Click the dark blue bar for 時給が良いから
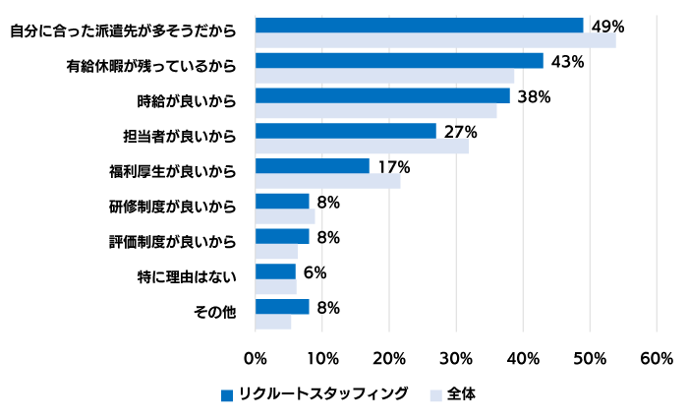(382, 95)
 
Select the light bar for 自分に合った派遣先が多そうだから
(435, 40)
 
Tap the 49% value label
(608, 26)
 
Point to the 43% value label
(568, 61)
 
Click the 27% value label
(461, 131)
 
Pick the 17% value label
(394, 166)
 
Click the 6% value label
(315, 272)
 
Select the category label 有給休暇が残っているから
(151, 66)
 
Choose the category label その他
(215, 313)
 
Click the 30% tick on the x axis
(456, 357)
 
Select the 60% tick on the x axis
(657, 357)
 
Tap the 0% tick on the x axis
(255, 357)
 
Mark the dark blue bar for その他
(282, 307)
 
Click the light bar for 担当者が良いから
(362, 147)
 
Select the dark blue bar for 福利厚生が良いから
(312, 166)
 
